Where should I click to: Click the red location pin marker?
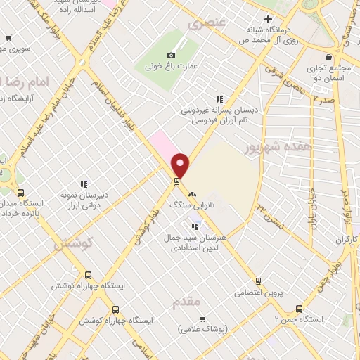[x=181, y=165]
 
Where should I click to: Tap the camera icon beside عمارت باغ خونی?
[x=171, y=56]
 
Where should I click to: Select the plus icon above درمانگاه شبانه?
[x=266, y=19]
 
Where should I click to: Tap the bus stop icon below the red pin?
[x=176, y=182]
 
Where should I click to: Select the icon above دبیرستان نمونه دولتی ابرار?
[x=83, y=184]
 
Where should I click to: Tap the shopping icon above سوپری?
[x=7, y=39]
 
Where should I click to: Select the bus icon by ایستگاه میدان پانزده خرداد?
[x=20, y=193]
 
